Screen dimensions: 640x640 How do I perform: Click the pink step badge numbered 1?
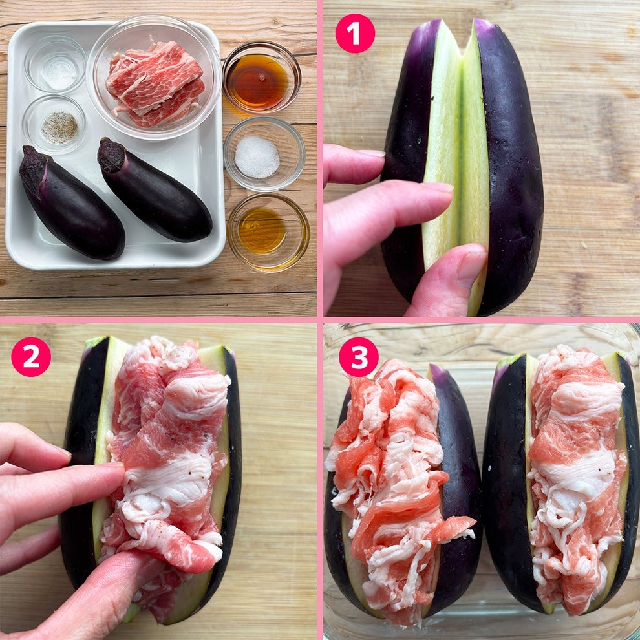click(355, 34)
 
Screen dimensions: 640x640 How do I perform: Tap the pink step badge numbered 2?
click(31, 356)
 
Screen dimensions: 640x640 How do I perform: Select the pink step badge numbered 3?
click(359, 356)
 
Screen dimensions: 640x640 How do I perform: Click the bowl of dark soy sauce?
click(262, 78)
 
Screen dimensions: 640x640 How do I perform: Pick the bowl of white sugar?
click(264, 154)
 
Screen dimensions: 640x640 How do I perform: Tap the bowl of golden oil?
click(268, 232)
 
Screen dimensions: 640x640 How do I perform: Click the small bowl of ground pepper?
click(54, 125)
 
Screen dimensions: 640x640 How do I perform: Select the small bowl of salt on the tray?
click(55, 65)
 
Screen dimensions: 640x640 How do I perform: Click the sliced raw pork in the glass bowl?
click(156, 84)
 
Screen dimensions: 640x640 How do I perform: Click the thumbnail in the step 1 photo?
click(471, 268)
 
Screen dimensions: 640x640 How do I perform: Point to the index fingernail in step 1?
click(437, 187)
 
